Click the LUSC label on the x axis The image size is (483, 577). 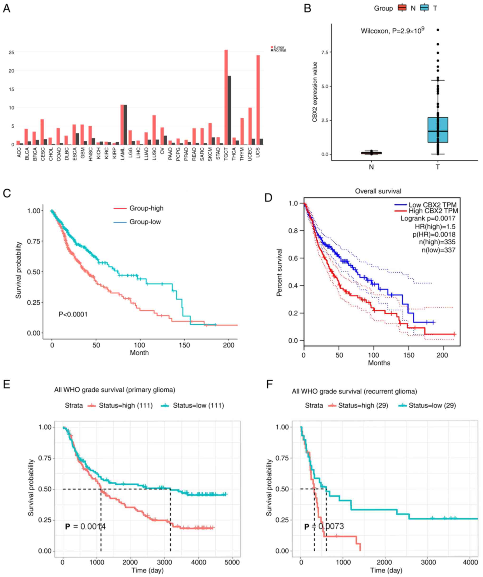154,153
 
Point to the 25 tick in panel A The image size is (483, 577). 11,52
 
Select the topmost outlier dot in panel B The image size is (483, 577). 438,30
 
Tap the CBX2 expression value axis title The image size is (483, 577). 315,92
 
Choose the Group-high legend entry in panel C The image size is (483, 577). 146,208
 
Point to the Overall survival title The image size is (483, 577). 378,191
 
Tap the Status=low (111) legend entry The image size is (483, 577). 198,406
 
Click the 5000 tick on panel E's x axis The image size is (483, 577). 232,562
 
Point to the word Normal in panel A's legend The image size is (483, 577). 280,50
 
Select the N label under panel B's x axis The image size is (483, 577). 371,167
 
